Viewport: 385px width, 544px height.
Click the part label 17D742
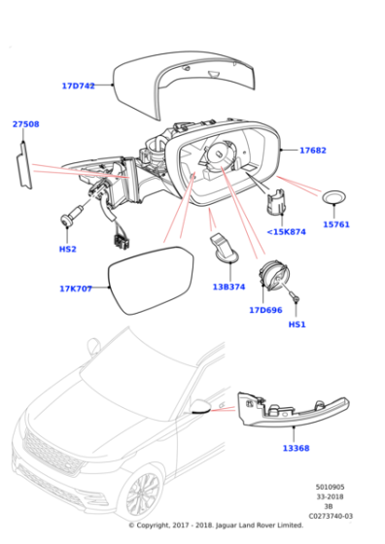pos(78,85)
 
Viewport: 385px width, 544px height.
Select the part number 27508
pos(25,124)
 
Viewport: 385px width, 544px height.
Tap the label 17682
pos(313,151)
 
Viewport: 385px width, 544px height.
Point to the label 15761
pos(336,224)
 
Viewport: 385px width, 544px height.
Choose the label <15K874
pos(287,232)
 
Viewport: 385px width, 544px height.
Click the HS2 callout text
pos(67,249)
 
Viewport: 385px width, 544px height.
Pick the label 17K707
pos(76,289)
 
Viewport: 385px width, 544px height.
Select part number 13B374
pos(228,287)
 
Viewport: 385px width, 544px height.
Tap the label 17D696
pos(265,310)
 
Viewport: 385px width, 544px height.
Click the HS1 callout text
pos(297,324)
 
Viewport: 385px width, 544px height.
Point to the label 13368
pos(296,448)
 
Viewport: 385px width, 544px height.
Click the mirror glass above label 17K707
pos(151,281)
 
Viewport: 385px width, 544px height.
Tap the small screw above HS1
pos(295,297)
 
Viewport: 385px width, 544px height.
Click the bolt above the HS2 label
pos(72,216)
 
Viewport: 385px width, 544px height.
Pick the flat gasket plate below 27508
pos(24,166)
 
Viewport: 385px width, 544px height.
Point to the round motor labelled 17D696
pos(274,276)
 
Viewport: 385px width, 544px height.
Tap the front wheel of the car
pos(142,495)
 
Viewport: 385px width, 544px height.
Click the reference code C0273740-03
pos(331,516)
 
